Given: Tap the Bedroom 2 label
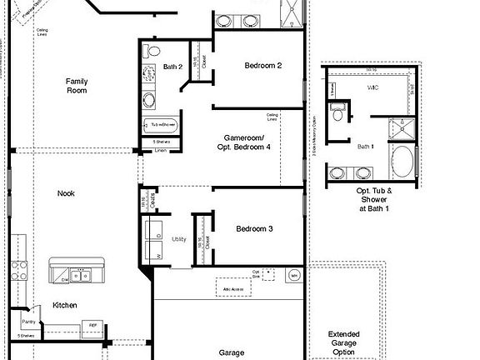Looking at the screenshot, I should click(x=262, y=65).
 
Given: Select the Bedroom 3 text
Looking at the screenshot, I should click(x=254, y=228).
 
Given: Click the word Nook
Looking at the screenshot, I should click(x=66, y=193).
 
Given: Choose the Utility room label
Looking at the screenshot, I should click(x=179, y=238).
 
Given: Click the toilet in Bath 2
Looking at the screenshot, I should click(x=150, y=52).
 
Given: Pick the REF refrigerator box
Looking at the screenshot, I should click(x=93, y=327).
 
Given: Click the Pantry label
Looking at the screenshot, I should click(x=28, y=320).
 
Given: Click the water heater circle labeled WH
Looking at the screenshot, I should click(x=293, y=275).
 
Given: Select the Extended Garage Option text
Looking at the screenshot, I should click(x=344, y=340).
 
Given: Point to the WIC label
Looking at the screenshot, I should click(x=372, y=87).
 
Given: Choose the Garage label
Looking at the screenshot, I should click(x=232, y=352).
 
